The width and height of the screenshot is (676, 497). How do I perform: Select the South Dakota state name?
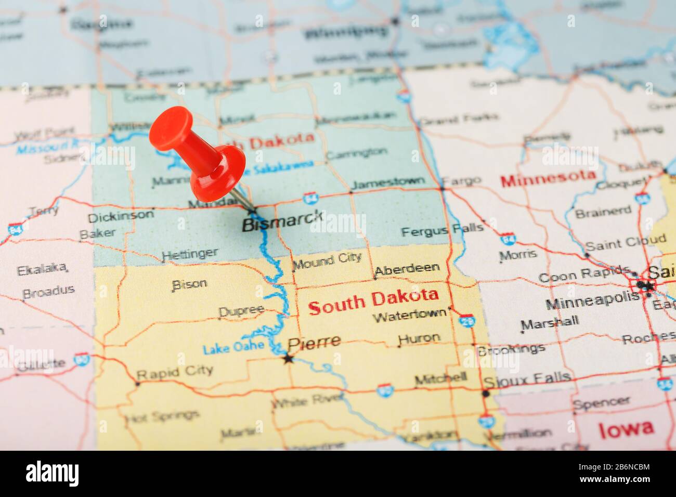(x=373, y=301)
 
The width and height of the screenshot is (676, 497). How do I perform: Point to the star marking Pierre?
(x=288, y=359)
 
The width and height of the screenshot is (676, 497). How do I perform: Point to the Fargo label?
(x=462, y=181)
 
